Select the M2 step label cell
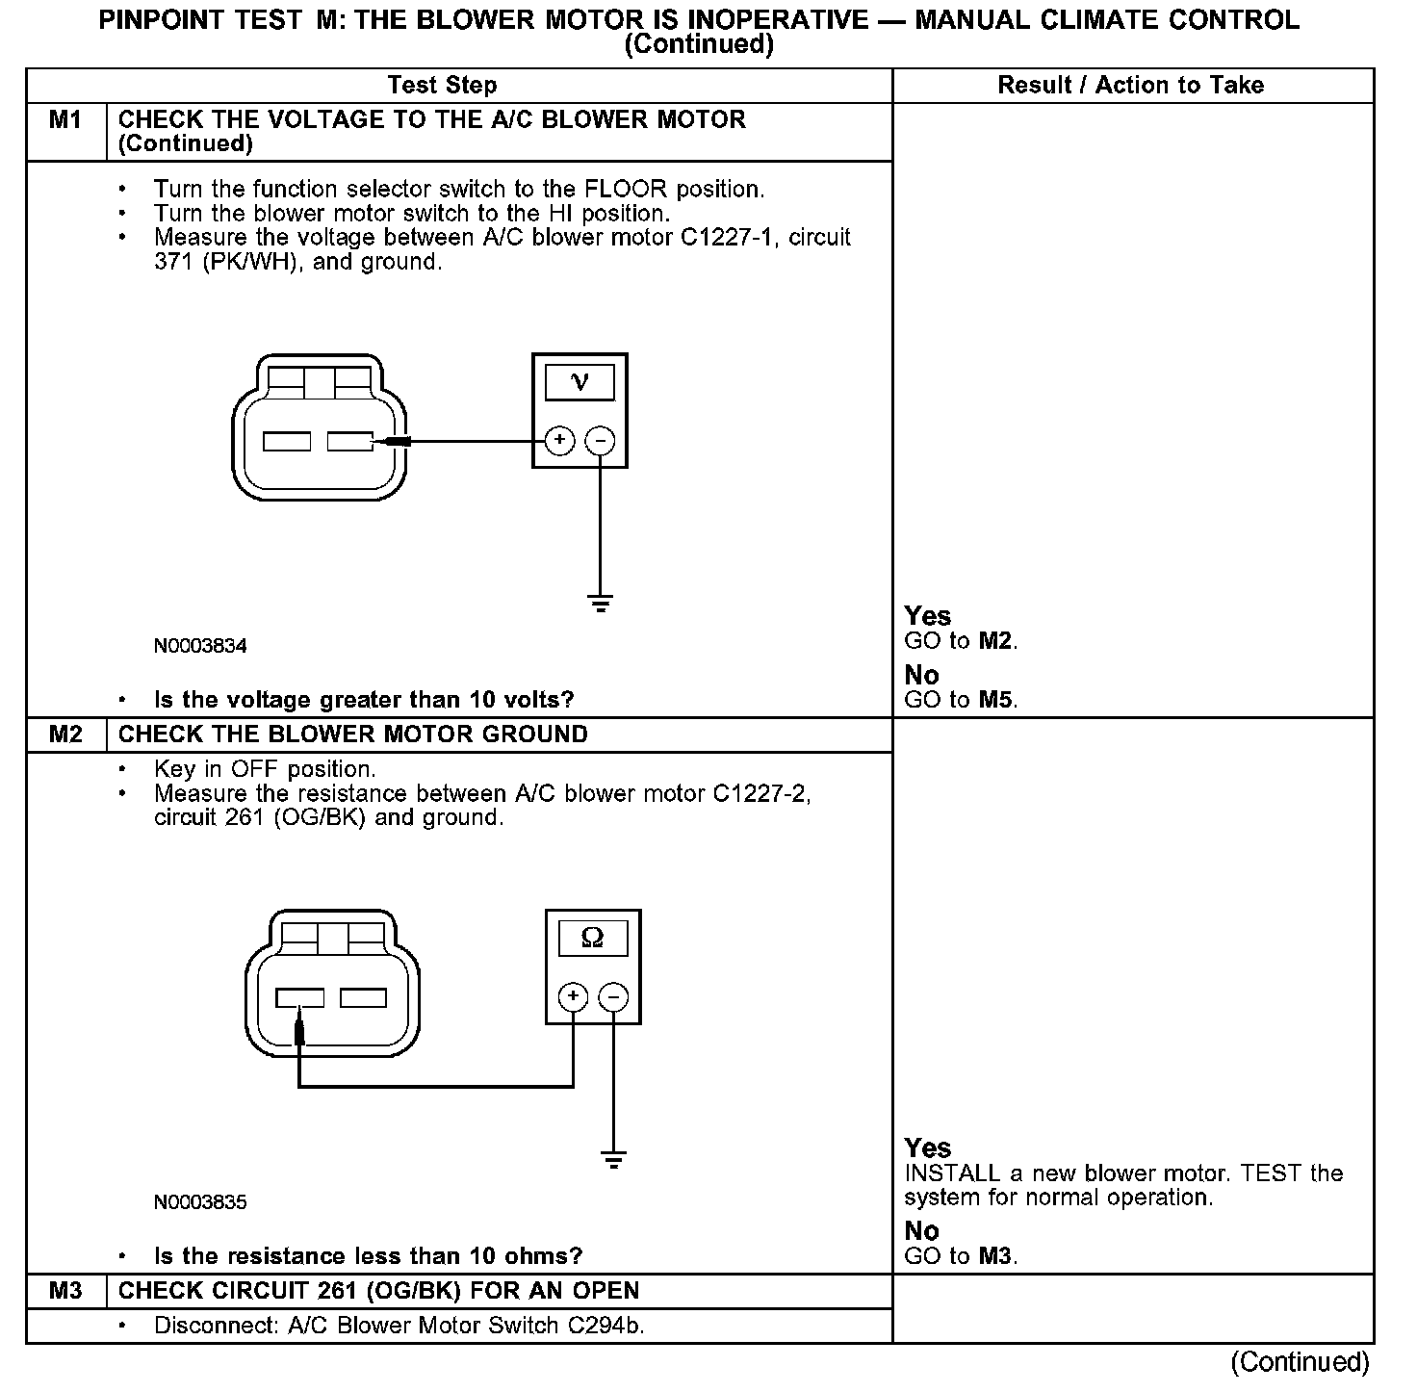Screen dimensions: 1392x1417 coord(65,735)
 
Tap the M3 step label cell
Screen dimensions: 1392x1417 coord(65,1291)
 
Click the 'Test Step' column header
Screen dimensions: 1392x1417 coord(442,86)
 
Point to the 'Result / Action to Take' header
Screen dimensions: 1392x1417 coord(1130,86)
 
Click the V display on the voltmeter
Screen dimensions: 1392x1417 coord(580,382)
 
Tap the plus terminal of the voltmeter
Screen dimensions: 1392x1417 coord(559,441)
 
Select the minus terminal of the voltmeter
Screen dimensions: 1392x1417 coord(600,441)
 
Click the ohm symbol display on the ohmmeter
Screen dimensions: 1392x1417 coord(593,938)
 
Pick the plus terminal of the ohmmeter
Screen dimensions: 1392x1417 coord(573,996)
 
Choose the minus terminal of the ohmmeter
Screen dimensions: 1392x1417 coord(613,996)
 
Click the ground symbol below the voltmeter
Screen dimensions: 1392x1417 coord(600,604)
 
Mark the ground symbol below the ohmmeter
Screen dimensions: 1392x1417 coord(613,1160)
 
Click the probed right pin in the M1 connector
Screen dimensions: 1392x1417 coord(350,441)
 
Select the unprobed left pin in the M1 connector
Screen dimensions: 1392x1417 coord(287,441)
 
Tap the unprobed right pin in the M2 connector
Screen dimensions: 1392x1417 coord(364,997)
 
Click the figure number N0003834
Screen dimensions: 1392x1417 coord(200,646)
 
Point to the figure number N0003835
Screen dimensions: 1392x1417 coord(200,1202)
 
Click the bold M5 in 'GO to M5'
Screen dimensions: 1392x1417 coord(996,700)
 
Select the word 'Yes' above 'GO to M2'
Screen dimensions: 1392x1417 coord(928,616)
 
